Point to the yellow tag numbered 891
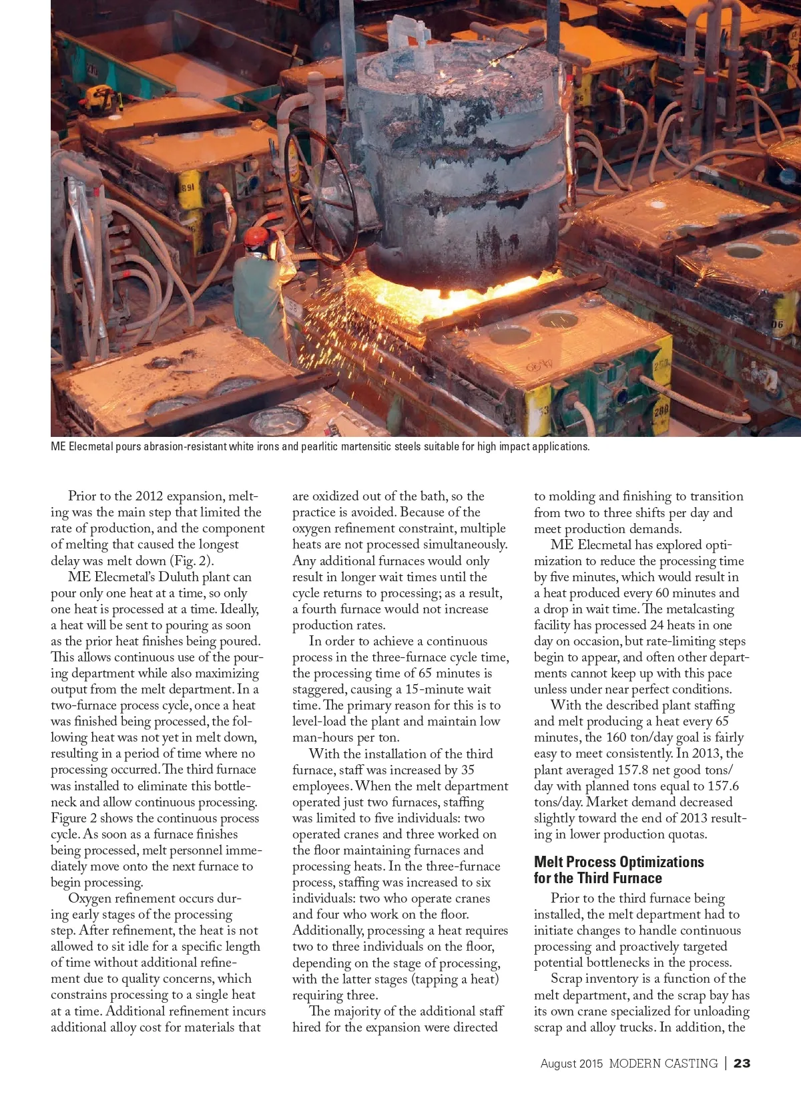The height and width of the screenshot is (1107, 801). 188,188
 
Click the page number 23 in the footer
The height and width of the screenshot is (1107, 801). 742,1064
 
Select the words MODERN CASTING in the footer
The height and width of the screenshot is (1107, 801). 663,1064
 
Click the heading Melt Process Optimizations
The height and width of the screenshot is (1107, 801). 619,862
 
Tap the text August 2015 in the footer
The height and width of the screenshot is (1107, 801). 571,1064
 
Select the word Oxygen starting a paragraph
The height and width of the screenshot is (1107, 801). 92,899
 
